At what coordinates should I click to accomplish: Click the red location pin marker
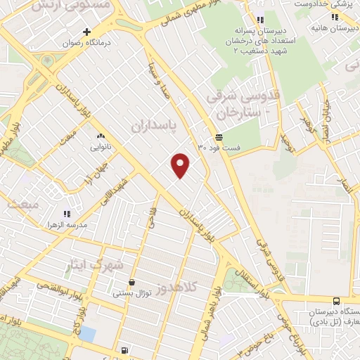181,165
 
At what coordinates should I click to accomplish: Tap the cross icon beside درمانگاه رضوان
86,32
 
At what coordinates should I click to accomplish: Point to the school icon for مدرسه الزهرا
67,212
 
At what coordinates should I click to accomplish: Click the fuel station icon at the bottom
124,349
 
